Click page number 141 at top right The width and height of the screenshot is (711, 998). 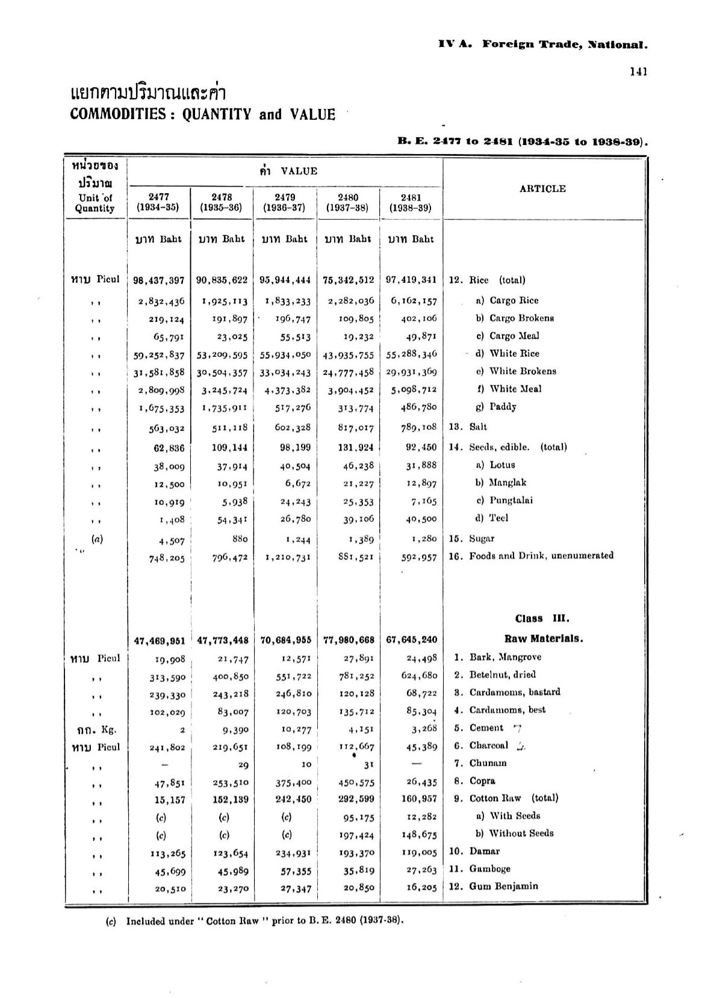(638, 72)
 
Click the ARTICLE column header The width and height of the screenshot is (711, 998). (542, 188)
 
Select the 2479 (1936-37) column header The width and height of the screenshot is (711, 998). (285, 203)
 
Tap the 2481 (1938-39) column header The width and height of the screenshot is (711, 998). (411, 203)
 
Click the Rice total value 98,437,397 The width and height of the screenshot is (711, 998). (159, 280)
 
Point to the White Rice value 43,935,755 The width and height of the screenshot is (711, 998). (348, 355)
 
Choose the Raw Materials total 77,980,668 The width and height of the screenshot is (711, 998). (349, 639)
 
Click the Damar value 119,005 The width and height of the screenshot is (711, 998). (420, 852)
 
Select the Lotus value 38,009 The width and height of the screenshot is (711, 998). (168, 466)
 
